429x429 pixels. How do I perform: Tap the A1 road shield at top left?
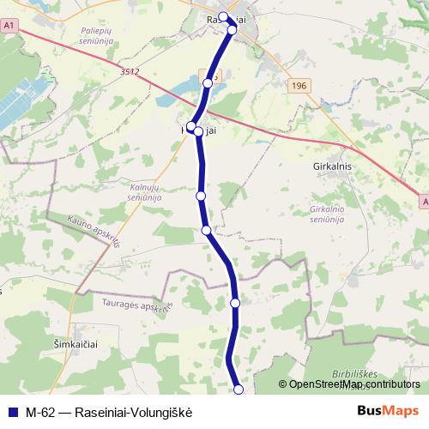tap(9, 27)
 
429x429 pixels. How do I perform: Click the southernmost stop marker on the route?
tap(239, 390)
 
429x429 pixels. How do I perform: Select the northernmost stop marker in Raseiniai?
tap(223, 16)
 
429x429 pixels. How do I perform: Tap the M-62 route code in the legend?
tap(39, 412)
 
